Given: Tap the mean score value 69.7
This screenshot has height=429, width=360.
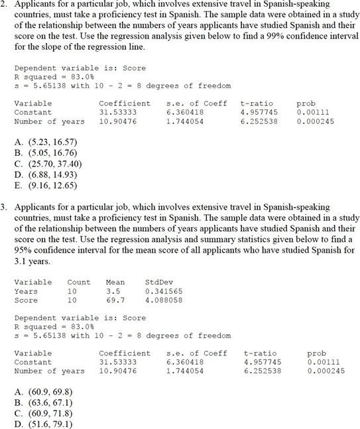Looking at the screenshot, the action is (x=115, y=300).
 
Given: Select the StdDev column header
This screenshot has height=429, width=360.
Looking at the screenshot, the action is (x=158, y=282).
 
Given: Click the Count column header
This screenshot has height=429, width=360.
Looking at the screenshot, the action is (x=79, y=282).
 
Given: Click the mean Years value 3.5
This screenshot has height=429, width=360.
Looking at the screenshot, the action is (x=113, y=291).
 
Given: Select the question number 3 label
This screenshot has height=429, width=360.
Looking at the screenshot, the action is (x=4, y=208).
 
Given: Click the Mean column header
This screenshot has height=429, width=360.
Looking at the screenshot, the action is (x=115, y=282).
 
